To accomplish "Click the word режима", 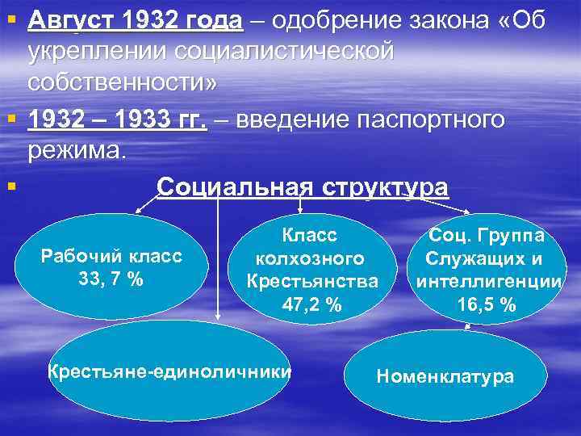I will pyautogui.click(x=77, y=150).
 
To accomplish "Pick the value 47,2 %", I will pyautogui.click(x=312, y=304).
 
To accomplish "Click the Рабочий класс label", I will pyautogui.click(x=112, y=257).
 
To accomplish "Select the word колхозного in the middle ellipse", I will pyautogui.click(x=311, y=258).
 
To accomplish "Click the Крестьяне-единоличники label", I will pyautogui.click(x=169, y=372).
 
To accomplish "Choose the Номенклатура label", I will pyautogui.click(x=445, y=376).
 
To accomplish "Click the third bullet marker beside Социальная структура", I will pyautogui.click(x=10, y=187).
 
